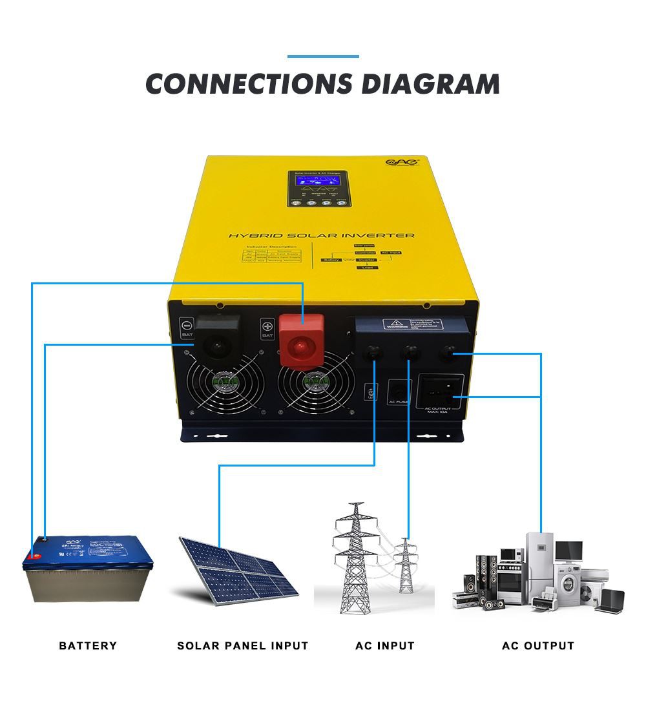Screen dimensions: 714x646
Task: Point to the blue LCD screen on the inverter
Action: (320, 183)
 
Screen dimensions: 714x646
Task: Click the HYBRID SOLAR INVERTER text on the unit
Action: (321, 236)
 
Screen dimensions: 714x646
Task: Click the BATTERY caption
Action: (88, 646)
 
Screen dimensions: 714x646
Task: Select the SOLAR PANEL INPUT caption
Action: (243, 646)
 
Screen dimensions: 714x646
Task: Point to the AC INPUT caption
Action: (385, 646)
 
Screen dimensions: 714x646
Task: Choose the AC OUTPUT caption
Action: (538, 646)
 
